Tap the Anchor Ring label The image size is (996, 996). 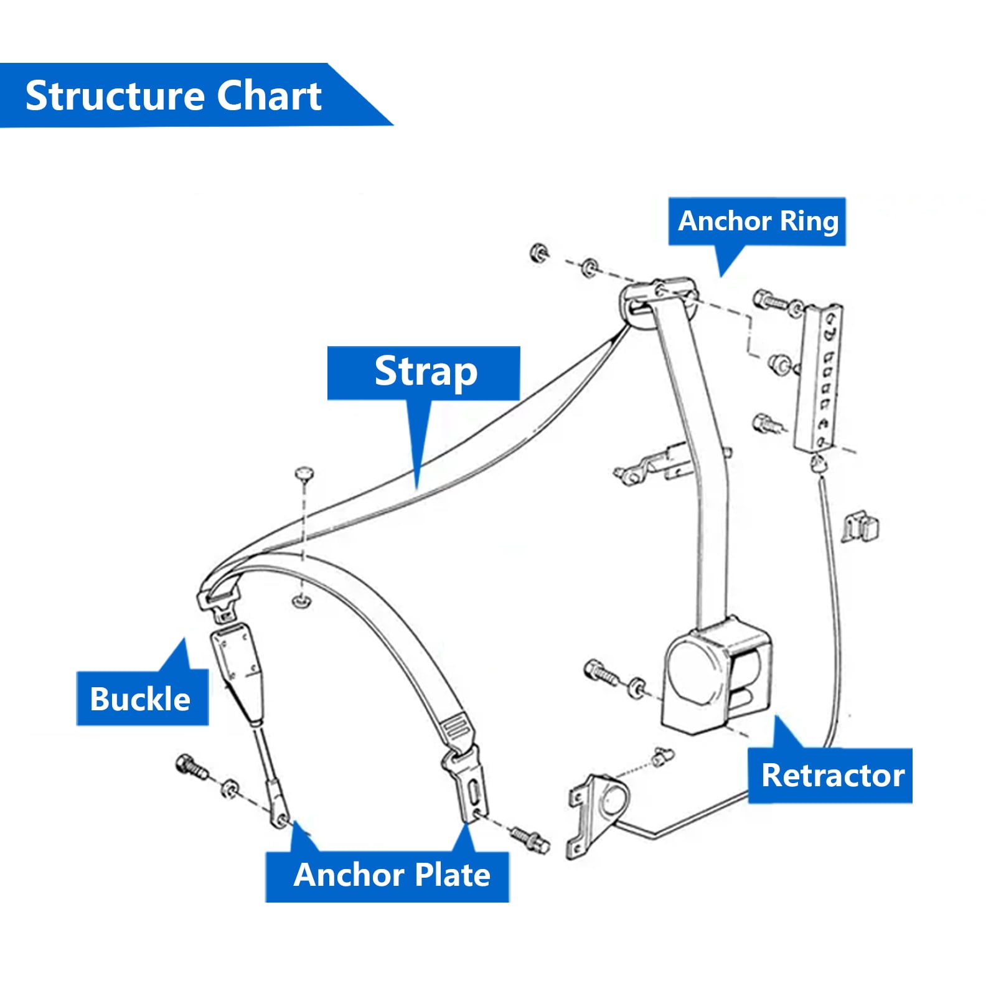pos(758,222)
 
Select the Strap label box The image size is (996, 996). pos(424,373)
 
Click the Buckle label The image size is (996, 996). pos(142,698)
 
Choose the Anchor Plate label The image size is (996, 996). pos(388,875)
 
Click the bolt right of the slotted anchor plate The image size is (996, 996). pos(529,839)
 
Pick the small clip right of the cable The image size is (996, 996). pos(861,527)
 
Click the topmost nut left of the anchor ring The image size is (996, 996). pos(539,253)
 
